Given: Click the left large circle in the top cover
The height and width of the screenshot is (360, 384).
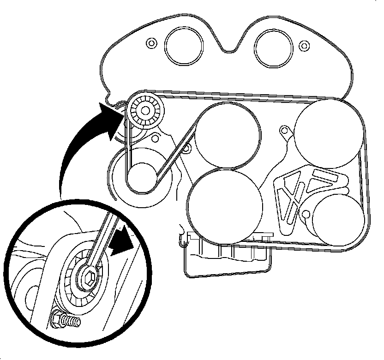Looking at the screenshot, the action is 184,47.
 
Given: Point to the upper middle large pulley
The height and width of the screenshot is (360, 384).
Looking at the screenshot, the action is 228,135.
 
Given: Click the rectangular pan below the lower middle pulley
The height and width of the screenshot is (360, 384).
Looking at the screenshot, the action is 226,256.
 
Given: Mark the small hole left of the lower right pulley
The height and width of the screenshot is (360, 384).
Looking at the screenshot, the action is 306,213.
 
